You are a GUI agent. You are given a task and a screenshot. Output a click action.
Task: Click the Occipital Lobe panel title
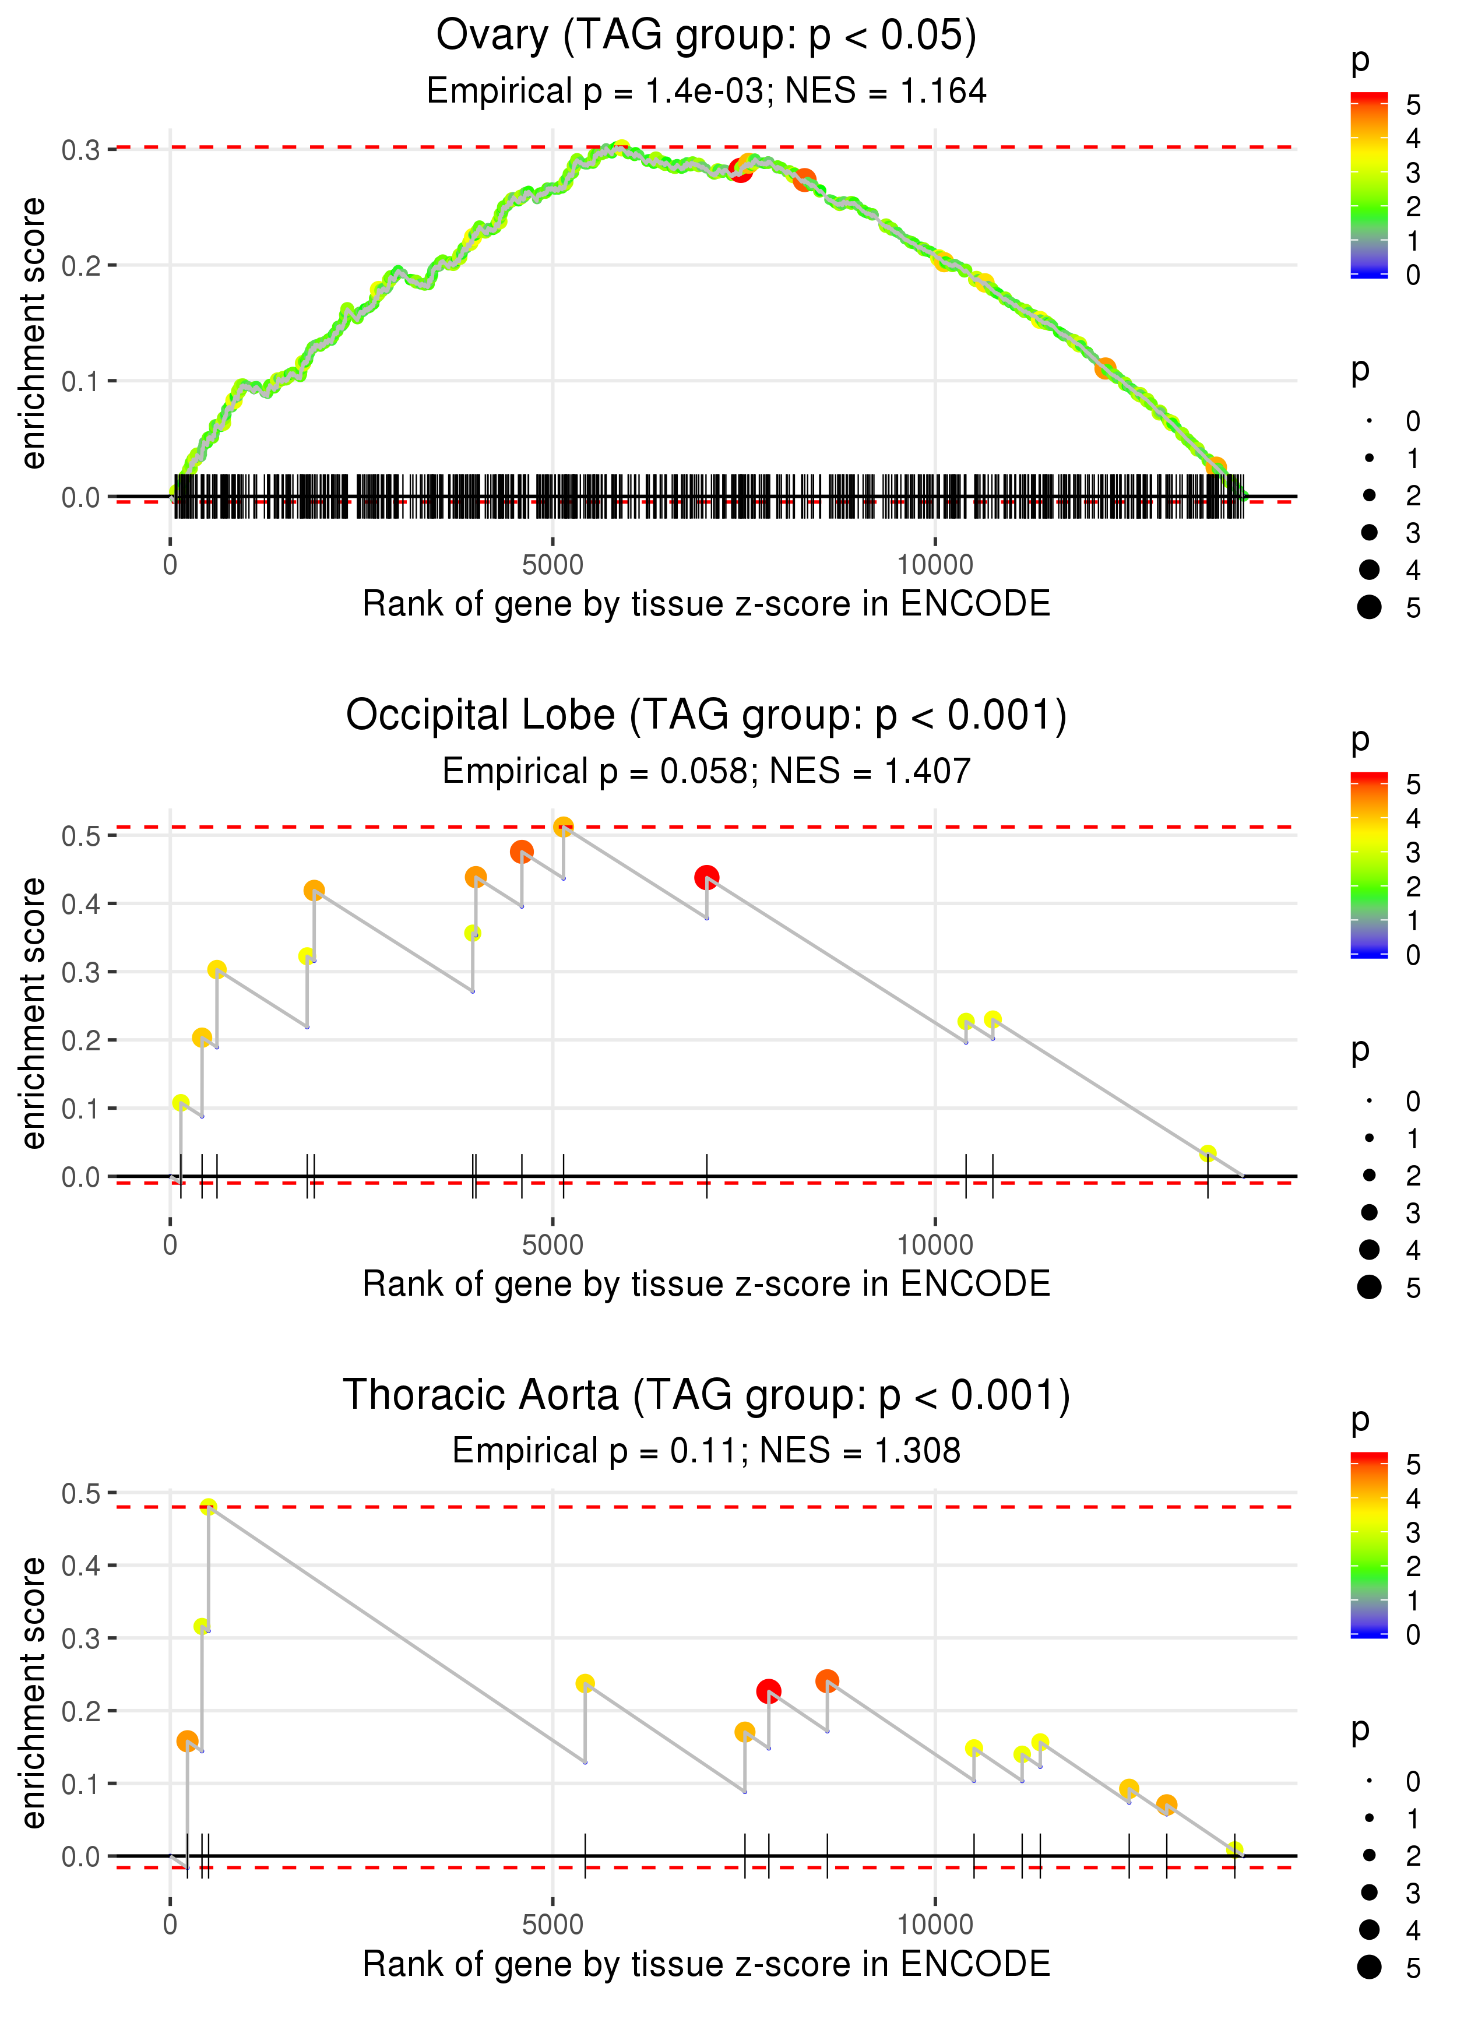click(706, 716)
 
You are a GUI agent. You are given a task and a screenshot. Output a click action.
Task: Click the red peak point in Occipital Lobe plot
click(706, 877)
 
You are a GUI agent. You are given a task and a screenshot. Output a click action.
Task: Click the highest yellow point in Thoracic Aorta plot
click(208, 1507)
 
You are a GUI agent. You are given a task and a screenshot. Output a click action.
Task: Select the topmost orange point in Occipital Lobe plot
click(564, 827)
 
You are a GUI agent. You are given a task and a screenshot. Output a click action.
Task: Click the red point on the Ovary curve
click(740, 170)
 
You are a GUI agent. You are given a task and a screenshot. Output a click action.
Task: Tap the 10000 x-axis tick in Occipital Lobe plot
click(935, 1245)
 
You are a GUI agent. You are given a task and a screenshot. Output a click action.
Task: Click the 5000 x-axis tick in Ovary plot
click(552, 565)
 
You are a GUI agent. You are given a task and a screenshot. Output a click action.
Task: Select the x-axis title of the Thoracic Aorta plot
click(706, 1964)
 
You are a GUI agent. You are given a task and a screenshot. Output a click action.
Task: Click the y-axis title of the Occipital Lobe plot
click(33, 1013)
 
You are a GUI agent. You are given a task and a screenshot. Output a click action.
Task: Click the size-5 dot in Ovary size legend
click(1369, 607)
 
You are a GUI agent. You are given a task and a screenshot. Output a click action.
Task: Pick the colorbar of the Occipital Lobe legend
click(1369, 865)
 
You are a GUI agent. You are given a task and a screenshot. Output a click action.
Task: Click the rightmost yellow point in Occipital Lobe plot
click(1208, 1153)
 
